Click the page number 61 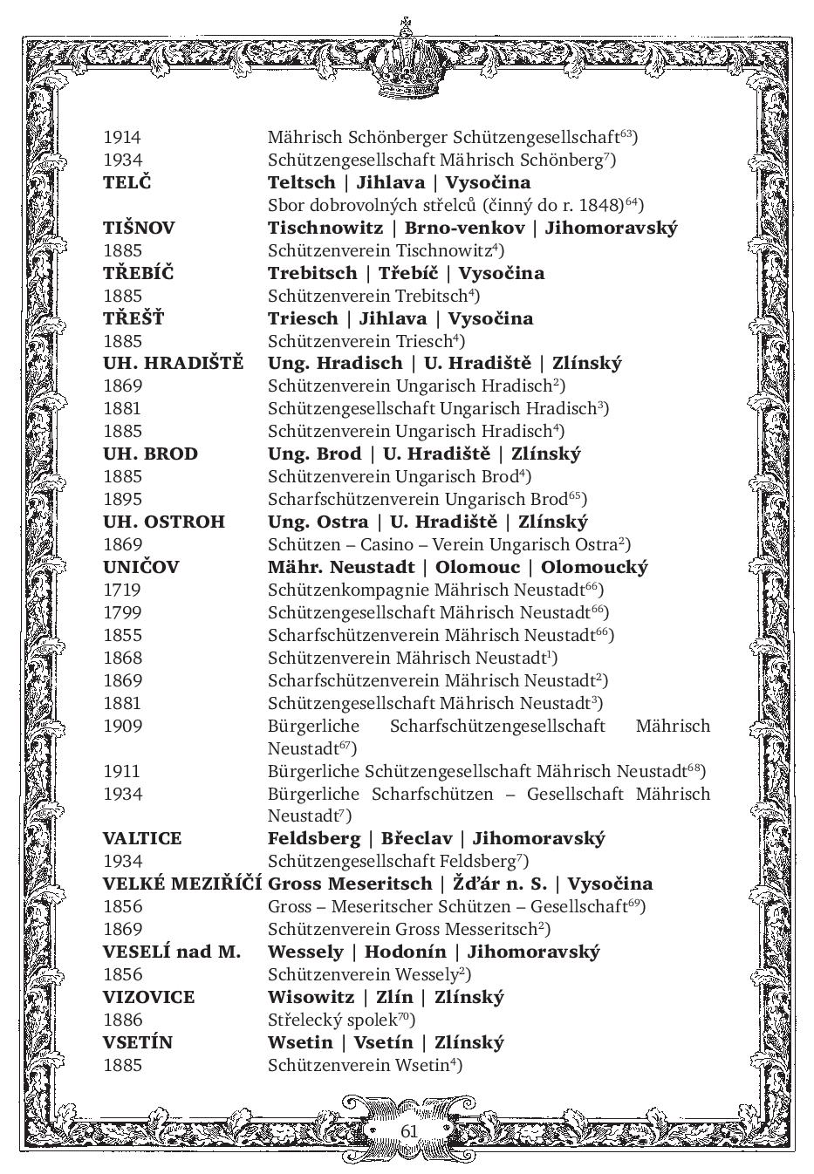(x=409, y=1130)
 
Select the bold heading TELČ (x=127, y=182)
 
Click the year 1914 (x=122, y=137)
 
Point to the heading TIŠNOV (x=139, y=228)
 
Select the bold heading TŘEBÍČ (x=138, y=273)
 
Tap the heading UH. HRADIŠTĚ (x=173, y=364)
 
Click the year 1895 (x=122, y=499)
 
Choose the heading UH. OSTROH (x=163, y=522)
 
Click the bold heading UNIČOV (x=140, y=567)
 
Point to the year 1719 (x=122, y=590)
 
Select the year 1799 (x=122, y=612)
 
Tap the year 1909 (x=122, y=726)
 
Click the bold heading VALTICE (x=142, y=839)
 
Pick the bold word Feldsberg (x=314, y=839)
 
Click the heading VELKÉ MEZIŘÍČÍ (x=182, y=884)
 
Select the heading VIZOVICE (x=148, y=997)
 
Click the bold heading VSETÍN (x=138, y=1042)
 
